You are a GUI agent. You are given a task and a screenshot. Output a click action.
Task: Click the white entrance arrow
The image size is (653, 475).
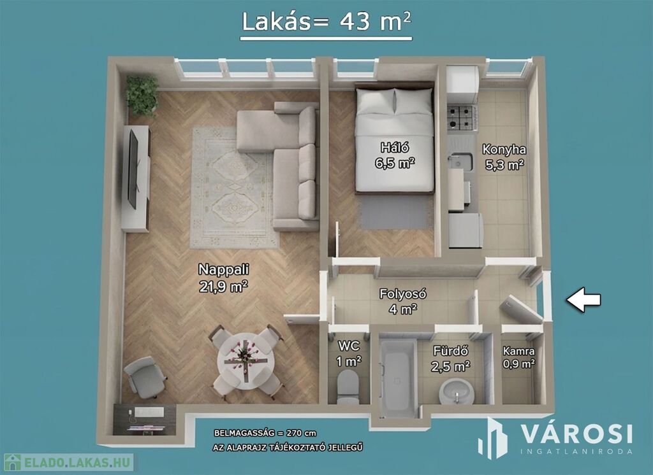coord(583,299)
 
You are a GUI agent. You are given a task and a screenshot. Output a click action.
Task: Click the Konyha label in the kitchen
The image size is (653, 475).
coord(504,150)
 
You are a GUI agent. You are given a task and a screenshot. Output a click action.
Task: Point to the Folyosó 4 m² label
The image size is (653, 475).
coord(402,301)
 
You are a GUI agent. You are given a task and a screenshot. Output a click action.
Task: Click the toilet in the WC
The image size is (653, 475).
coord(348,386)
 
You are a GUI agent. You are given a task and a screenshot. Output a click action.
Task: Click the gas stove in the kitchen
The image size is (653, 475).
coord(462,117)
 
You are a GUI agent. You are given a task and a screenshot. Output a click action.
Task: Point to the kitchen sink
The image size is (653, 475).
coord(461,162)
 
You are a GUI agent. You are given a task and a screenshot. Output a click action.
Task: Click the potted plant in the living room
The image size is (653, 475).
coord(142,96)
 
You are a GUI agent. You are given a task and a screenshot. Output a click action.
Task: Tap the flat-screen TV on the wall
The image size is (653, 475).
coord(133,169)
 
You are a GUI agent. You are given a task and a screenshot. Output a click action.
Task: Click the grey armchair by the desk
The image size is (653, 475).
coord(145,377)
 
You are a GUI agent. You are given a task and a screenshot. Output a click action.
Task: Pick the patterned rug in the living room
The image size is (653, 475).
coord(233,188)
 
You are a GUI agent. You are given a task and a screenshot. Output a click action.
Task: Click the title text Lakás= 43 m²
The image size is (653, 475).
coord(326,22)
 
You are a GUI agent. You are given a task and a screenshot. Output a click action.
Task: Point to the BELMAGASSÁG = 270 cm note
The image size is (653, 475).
coord(265,433)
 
